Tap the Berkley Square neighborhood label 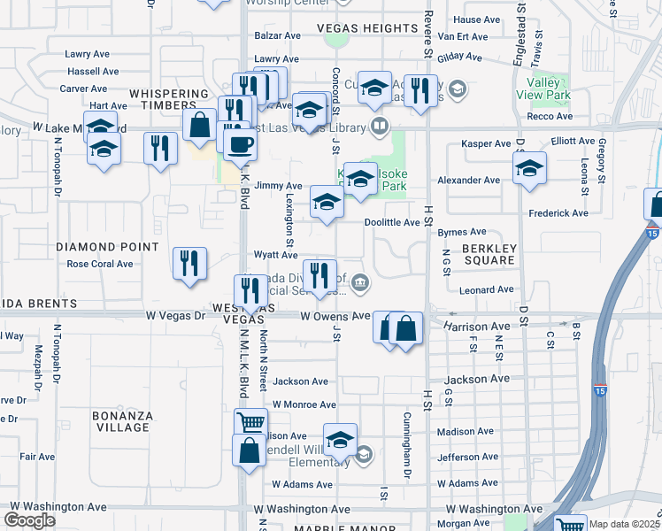click(x=489, y=254)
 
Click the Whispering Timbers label click(x=169, y=99)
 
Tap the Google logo click(x=29, y=520)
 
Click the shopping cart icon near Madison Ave click(x=250, y=422)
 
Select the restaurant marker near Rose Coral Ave click(x=189, y=263)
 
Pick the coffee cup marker click(x=239, y=143)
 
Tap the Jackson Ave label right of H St click(x=478, y=379)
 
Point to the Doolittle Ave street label click(x=393, y=222)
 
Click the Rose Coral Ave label click(x=100, y=264)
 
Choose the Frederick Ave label click(x=558, y=213)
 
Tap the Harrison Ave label click(x=478, y=327)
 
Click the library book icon click(x=380, y=127)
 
